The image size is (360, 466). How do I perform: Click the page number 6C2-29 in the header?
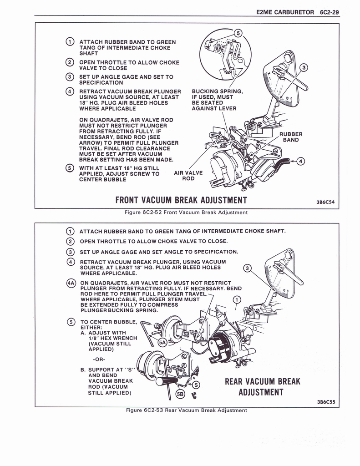[x=327, y=12]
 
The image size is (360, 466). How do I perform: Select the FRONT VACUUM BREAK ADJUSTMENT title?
[x=181, y=200]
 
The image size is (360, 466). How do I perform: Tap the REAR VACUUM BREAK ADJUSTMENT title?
[x=263, y=386]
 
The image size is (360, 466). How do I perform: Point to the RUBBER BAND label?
[x=291, y=137]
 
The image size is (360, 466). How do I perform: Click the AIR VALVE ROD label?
[x=188, y=176]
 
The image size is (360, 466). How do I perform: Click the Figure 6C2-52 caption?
[x=187, y=212]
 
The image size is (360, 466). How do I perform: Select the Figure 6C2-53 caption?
[x=187, y=410]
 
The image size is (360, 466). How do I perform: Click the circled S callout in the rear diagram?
[x=196, y=385]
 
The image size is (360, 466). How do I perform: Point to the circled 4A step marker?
[x=71, y=283]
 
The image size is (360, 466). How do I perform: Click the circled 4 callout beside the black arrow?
[x=301, y=161]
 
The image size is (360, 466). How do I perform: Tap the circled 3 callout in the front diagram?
[x=304, y=68]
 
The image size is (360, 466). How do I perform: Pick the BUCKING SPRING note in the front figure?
[x=217, y=100]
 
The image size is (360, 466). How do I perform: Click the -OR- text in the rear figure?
[x=99, y=359]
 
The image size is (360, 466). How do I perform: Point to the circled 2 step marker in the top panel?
[x=70, y=62]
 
